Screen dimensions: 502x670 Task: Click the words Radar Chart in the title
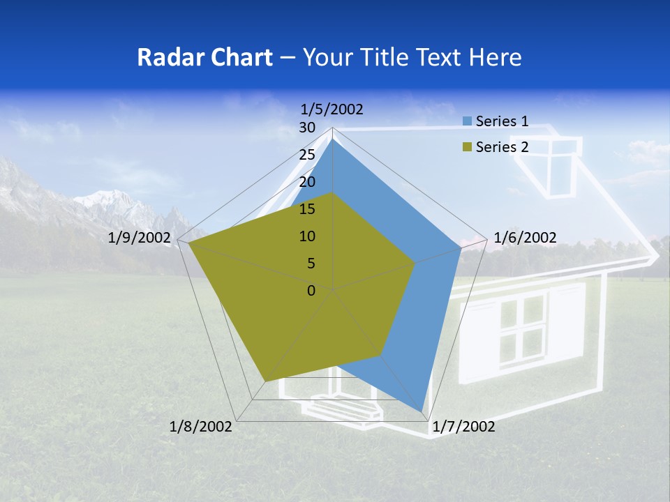[204, 57]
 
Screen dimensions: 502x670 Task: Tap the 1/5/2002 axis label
[332, 109]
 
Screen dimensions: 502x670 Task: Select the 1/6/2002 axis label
[525, 238]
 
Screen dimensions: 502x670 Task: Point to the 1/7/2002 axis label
[463, 427]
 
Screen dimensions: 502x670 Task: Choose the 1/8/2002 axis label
[201, 427]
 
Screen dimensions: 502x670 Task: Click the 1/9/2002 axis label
[140, 238]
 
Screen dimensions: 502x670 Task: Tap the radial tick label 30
[307, 128]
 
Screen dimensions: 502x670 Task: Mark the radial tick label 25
[307, 155]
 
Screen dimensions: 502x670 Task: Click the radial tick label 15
[307, 209]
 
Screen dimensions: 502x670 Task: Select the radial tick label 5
[311, 264]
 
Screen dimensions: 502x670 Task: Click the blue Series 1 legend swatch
[467, 121]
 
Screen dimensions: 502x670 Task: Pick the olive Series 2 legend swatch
[467, 147]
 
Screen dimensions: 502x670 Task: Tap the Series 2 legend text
[502, 147]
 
